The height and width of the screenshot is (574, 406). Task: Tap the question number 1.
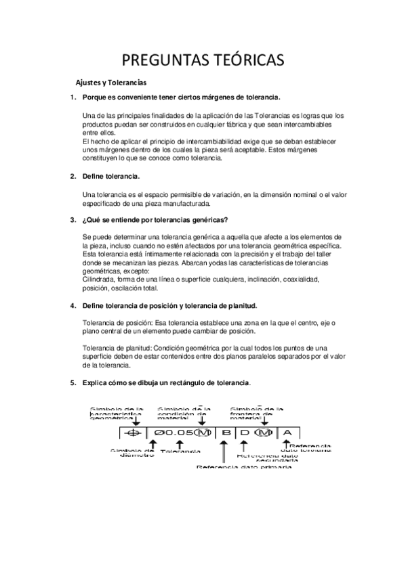[73, 97]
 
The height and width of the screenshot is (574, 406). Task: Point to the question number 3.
[73, 219]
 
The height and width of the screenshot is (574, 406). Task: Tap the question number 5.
[73, 383]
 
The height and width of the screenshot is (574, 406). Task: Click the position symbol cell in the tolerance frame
[134, 433]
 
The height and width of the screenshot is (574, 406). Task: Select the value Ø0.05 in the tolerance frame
[172, 433]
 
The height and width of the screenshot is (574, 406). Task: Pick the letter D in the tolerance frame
[246, 433]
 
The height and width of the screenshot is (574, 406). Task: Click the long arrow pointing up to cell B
[222, 451]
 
